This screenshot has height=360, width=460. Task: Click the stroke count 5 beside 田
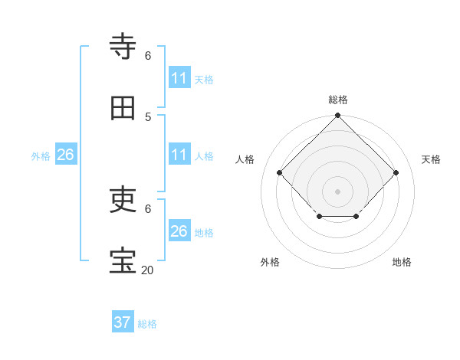tap(148, 116)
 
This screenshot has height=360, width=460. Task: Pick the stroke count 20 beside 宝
tap(147, 270)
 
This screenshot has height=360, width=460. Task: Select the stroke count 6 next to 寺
tap(148, 55)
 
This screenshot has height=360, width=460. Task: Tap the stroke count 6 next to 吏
tap(148, 208)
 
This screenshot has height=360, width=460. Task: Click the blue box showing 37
tap(123, 322)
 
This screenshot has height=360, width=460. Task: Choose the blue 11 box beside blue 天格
tap(179, 78)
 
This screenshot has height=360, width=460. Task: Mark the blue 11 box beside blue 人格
tap(179, 155)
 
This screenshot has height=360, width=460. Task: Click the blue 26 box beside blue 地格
tap(179, 231)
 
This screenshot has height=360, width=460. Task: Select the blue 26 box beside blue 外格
tap(66, 155)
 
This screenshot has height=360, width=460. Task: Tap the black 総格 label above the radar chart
tap(338, 100)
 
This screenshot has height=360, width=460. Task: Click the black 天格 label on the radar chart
tap(431, 159)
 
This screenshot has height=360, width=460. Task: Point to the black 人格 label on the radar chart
tap(245, 159)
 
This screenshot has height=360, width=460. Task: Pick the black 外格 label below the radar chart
tap(270, 262)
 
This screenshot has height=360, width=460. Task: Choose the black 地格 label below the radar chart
tap(402, 262)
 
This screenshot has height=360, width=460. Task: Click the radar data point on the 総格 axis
tap(337, 116)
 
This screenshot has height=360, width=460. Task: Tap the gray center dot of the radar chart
tap(337, 191)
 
